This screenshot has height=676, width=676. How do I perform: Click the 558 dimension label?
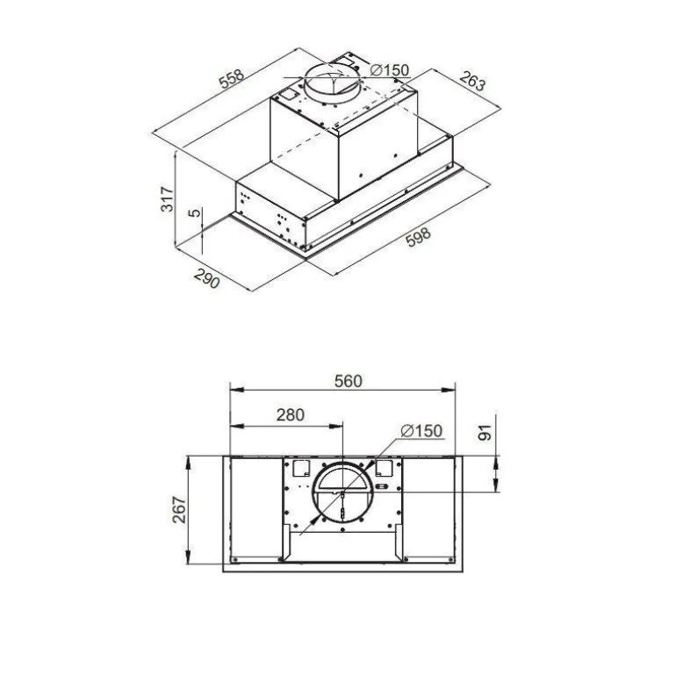tap(232, 78)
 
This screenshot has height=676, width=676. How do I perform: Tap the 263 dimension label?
tap(472, 81)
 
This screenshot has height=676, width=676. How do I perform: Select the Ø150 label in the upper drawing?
tap(389, 70)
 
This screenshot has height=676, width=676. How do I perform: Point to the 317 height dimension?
tap(167, 198)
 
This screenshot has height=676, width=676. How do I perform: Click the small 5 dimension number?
tap(195, 212)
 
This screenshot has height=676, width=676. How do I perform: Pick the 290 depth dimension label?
tap(206, 278)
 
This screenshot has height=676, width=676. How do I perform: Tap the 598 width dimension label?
tap(418, 237)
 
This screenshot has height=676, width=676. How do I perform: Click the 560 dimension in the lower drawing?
tap(349, 381)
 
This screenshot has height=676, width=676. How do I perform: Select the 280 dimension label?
tap(290, 414)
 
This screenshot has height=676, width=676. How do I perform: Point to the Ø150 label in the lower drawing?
tap(421, 430)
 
